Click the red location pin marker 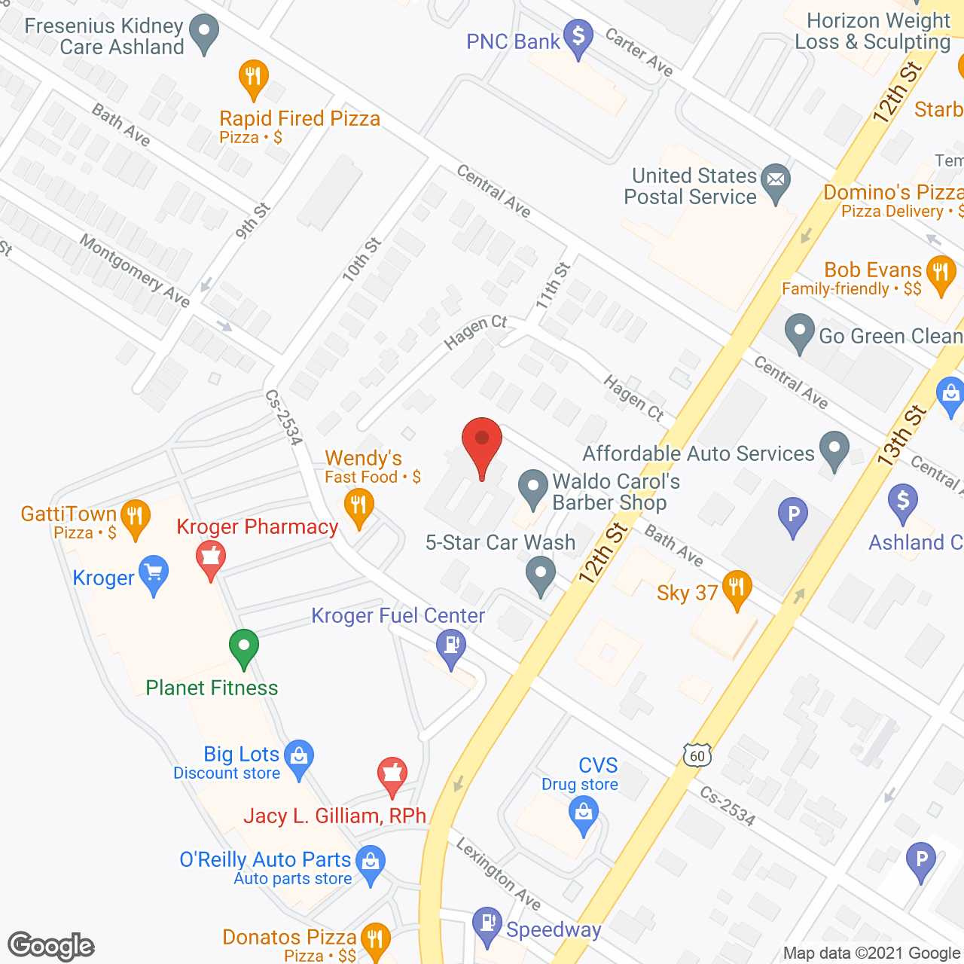pos(481,444)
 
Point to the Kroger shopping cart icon pos(154,574)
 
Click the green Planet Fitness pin pos(244,647)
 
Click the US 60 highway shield pos(697,755)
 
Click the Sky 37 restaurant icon pos(737,588)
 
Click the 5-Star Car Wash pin pos(540,575)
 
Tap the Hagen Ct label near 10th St pos(476,332)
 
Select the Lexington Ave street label pos(498,873)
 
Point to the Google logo pos(51,946)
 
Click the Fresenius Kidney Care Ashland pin pos(203,34)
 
